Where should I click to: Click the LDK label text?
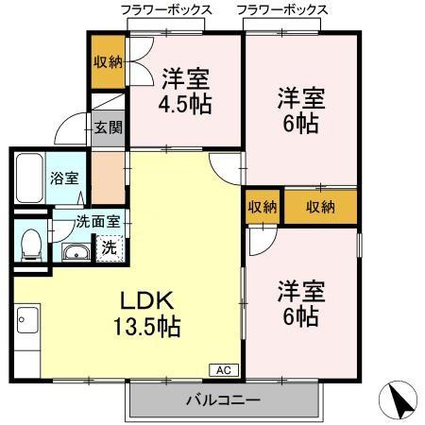coord(147,300)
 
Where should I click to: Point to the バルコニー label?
coord(223,400)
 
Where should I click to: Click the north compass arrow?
coord(401,401)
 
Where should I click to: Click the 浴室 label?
coord(63,177)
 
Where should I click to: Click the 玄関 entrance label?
coord(107,127)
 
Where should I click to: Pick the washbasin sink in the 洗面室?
coord(75,252)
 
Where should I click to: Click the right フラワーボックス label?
coord(282,9)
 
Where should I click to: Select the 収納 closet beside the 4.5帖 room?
coord(107,61)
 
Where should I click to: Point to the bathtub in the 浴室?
coord(27,176)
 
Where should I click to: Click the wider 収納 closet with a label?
coord(320,207)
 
